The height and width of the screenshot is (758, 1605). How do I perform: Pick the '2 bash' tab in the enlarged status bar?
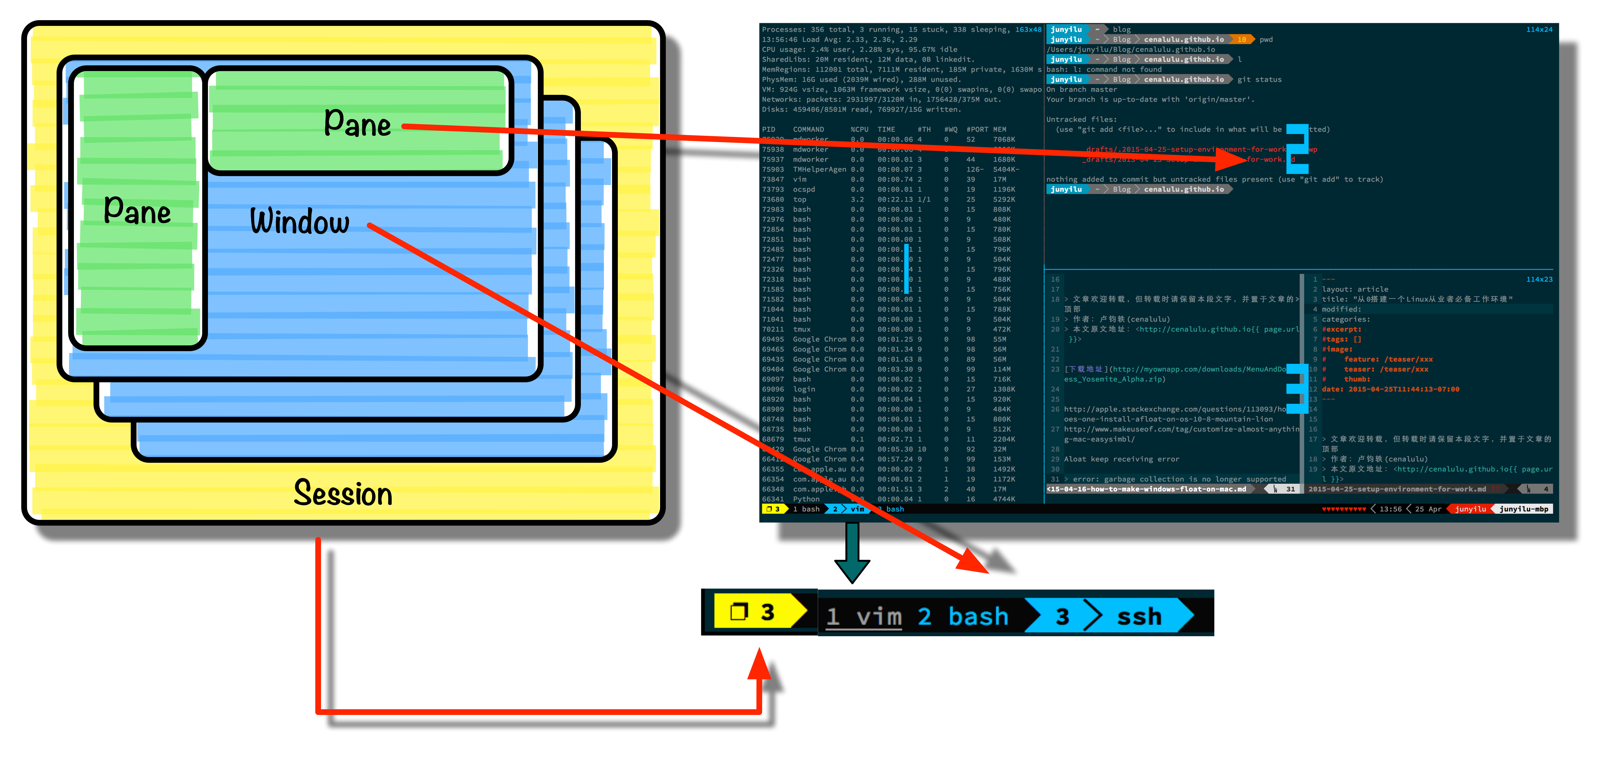pos(963,617)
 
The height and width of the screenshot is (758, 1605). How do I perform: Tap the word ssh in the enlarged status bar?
pos(1139,617)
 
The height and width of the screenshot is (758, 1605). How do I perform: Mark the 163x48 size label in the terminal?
pos(1028,29)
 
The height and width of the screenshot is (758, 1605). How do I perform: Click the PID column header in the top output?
pos(769,130)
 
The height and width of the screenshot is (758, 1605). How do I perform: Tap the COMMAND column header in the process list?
pos(808,130)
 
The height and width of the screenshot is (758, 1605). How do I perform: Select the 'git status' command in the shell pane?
pos(1259,79)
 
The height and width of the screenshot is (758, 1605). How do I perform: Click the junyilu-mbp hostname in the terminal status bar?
pos(1523,509)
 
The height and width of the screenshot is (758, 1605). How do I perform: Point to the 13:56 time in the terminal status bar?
pos(1390,509)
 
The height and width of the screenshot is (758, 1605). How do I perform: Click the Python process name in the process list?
pos(806,499)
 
